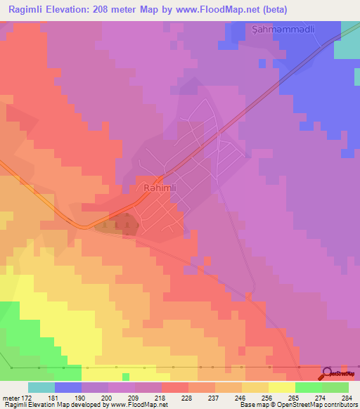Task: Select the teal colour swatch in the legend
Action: [41, 388]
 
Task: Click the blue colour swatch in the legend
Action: [68, 388]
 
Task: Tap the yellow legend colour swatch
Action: [282, 388]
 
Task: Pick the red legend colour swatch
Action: [175, 388]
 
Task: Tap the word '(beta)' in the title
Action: [272, 8]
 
